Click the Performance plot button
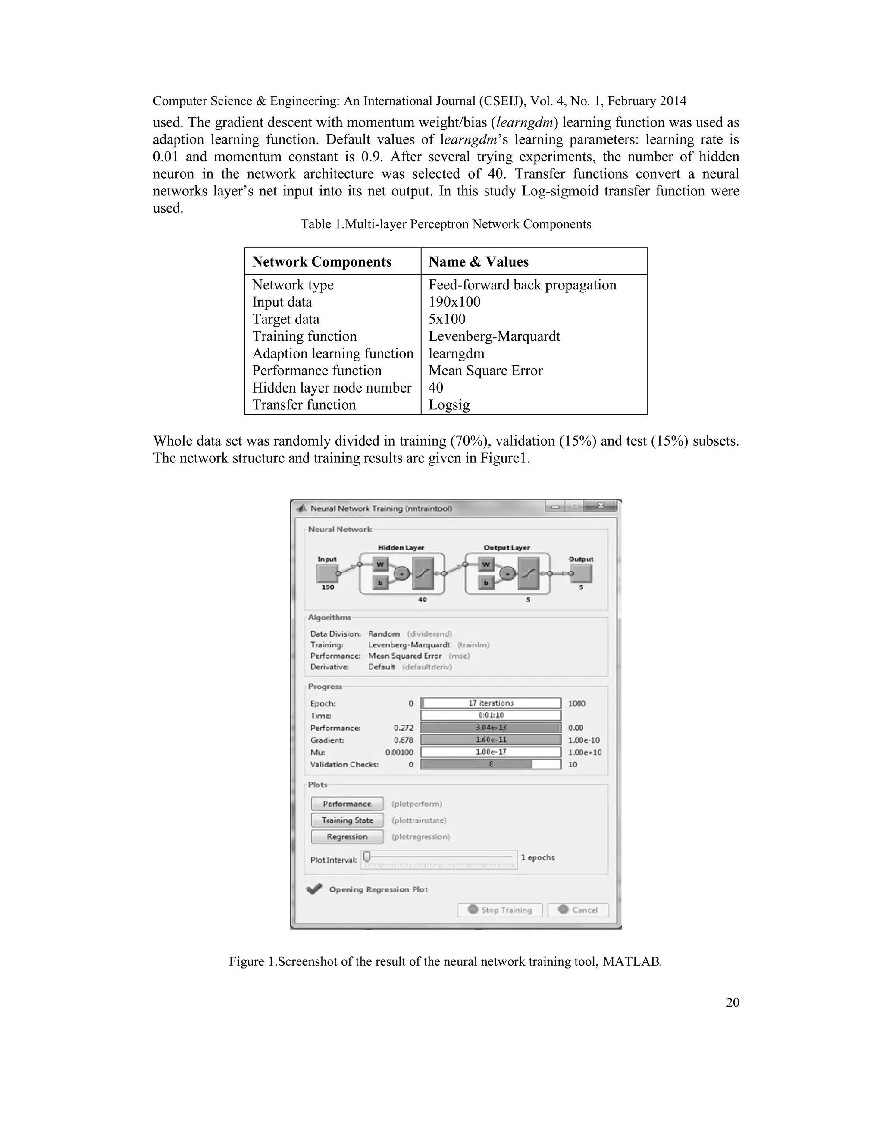[347, 804]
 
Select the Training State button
[347, 820]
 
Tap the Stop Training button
[500, 910]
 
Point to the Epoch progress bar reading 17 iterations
[491, 703]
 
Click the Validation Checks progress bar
[491, 764]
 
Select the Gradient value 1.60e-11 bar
[491, 739]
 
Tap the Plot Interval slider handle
[367, 856]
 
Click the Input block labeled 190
[328, 574]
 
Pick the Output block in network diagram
[582, 574]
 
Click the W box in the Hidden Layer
[380, 565]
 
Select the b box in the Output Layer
[486, 582]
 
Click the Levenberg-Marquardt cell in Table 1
[494, 336]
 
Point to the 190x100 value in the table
[454, 302]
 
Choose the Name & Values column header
[478, 262]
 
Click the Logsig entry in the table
[449, 405]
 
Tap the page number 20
[733, 1002]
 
